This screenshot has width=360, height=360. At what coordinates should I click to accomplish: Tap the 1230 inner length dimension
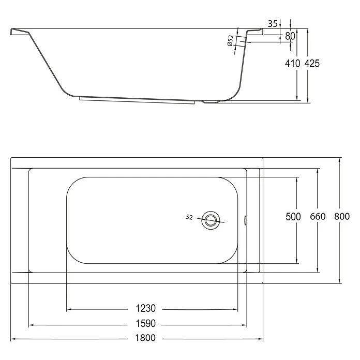click(x=146, y=309)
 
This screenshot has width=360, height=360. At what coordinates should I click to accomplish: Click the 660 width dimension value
click(x=318, y=217)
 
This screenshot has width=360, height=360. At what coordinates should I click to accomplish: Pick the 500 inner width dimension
click(x=293, y=217)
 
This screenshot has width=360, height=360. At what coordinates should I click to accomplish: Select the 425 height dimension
click(x=312, y=63)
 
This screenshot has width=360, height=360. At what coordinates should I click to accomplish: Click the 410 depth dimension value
click(x=293, y=63)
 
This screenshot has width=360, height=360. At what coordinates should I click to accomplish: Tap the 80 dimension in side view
click(x=290, y=36)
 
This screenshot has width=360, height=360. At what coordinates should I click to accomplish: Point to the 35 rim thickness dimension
click(x=274, y=24)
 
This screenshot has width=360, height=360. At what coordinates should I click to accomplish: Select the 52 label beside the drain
click(x=189, y=217)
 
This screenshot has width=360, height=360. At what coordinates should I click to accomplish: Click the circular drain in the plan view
click(x=211, y=219)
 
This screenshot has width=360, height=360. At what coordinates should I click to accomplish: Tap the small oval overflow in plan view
click(x=245, y=219)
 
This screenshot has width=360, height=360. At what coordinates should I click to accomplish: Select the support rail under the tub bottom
click(x=137, y=100)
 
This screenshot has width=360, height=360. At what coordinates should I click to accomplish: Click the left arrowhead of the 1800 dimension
click(x=13, y=339)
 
